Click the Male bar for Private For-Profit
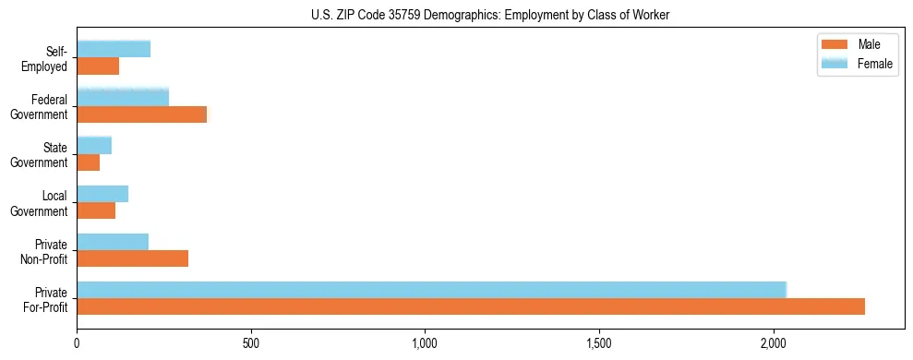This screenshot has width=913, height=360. [x=471, y=306]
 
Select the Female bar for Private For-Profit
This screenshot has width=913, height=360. [x=431, y=290]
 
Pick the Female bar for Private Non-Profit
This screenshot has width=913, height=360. [x=113, y=242]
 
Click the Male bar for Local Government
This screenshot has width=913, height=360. [x=96, y=210]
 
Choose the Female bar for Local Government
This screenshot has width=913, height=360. [x=102, y=194]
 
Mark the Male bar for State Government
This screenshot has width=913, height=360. [x=89, y=162]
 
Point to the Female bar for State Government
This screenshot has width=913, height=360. [x=94, y=146]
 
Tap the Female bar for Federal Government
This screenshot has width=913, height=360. [x=123, y=98]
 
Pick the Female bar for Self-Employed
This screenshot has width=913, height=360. [x=114, y=50]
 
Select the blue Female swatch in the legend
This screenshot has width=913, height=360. [x=835, y=63]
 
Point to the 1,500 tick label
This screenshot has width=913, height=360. [x=599, y=344]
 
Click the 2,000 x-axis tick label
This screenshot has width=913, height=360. [x=773, y=344]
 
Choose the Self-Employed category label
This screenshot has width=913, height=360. [x=49, y=58]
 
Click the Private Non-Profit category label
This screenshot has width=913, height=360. [x=47, y=250]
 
